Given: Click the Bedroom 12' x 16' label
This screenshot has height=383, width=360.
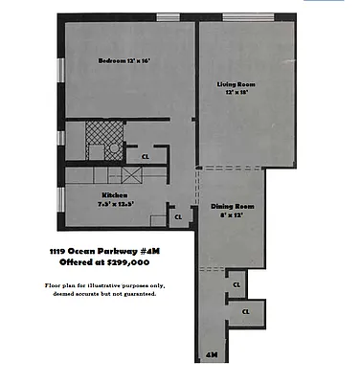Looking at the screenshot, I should point(124,61).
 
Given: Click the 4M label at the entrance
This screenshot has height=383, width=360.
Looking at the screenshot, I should point(212,356).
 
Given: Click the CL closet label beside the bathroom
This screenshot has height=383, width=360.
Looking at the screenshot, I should point(145,156).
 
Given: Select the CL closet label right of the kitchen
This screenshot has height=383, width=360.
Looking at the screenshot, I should point(178,217).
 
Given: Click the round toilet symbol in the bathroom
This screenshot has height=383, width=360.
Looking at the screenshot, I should point(113,149).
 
